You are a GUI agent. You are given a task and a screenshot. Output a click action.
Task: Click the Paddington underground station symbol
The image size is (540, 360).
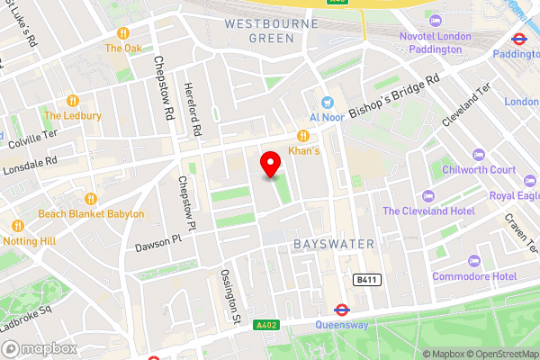[518, 39]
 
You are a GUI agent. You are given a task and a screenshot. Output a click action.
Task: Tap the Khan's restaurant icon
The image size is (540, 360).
[303, 135]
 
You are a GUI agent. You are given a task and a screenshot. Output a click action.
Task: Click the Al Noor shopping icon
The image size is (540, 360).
[327, 102]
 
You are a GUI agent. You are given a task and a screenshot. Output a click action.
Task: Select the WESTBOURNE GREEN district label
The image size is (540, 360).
[259, 31]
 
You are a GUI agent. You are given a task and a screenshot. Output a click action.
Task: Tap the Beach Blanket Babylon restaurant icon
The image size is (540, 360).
[90, 199]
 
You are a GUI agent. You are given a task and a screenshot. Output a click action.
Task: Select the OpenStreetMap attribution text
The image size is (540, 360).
[499, 353]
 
